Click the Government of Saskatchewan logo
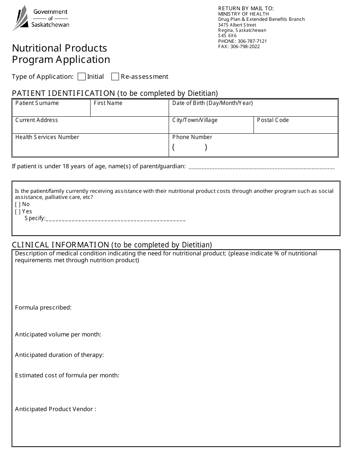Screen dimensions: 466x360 pyautogui.click(x=41, y=18)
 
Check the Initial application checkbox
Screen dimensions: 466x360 pyautogui.click(x=81, y=77)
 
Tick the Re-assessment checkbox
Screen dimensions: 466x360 pyautogui.click(x=115, y=77)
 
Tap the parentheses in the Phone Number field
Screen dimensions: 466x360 pyautogui.click(x=190, y=147)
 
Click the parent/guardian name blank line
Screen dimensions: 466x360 pyautogui.click(x=261, y=167)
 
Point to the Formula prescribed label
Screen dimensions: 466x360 pyautogui.click(x=43, y=308)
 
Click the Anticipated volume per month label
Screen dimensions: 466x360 pyautogui.click(x=58, y=335)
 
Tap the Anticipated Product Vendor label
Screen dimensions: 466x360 pyautogui.click(x=55, y=409)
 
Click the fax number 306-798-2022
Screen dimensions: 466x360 pyautogui.click(x=245, y=47)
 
